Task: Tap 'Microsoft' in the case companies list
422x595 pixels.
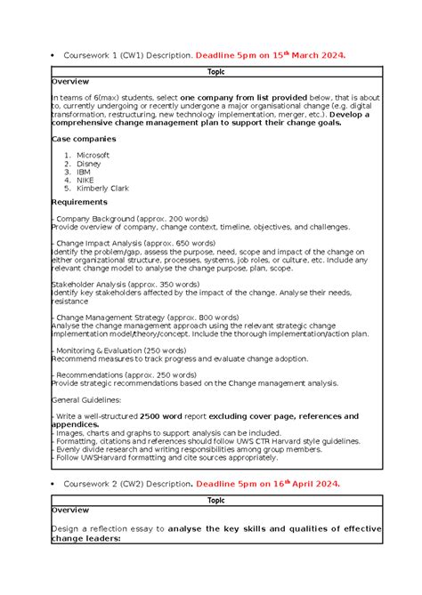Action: [93, 155]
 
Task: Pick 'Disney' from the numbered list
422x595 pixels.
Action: [88, 164]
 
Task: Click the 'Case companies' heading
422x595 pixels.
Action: [84, 139]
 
